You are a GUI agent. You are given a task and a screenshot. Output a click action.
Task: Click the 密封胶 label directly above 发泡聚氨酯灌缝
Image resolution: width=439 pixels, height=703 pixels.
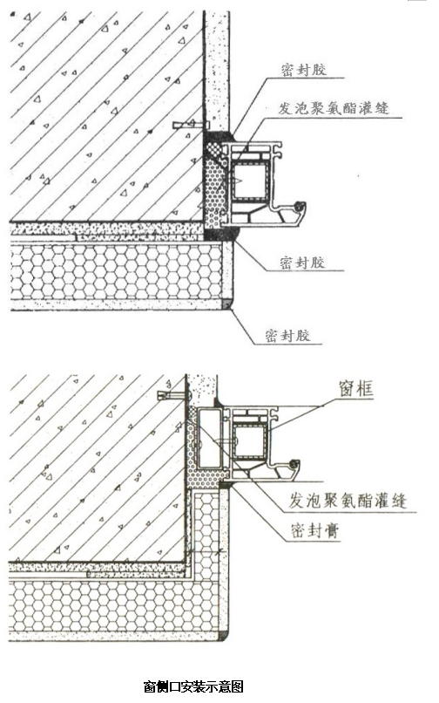click(x=304, y=71)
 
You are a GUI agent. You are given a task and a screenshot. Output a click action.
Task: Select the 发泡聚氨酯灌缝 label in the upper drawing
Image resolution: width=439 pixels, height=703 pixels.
click(x=334, y=108)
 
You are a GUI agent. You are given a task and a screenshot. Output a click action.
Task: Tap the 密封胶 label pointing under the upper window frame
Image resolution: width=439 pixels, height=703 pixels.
click(x=303, y=263)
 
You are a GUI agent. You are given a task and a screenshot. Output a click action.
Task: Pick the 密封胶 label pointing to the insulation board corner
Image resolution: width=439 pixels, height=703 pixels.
click(x=287, y=335)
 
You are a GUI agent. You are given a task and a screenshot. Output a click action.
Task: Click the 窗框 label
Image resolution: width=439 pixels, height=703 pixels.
click(x=356, y=389)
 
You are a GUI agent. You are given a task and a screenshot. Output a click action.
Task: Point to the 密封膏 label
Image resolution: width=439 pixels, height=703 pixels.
click(x=315, y=530)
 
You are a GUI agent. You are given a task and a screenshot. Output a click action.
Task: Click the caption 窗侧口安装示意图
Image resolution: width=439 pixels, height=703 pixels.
click(x=193, y=686)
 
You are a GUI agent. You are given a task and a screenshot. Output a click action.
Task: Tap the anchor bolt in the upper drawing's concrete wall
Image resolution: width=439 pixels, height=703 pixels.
click(x=192, y=124)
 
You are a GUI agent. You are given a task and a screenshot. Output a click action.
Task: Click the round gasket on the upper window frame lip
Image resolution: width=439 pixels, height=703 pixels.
click(x=299, y=206)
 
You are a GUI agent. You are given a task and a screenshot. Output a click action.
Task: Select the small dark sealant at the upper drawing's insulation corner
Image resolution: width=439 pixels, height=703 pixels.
click(x=227, y=305)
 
